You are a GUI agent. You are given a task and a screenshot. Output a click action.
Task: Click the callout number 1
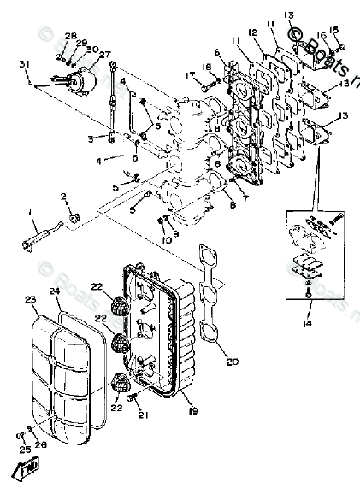(x=32, y=212)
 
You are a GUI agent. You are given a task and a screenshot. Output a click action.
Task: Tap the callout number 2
(x=63, y=197)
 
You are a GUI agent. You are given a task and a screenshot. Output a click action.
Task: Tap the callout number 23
(x=31, y=300)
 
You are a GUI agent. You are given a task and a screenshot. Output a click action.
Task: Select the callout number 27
(x=106, y=54)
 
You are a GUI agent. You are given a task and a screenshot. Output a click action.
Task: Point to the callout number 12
(x=252, y=32)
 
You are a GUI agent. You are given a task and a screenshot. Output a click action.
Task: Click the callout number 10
(x=166, y=240)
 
